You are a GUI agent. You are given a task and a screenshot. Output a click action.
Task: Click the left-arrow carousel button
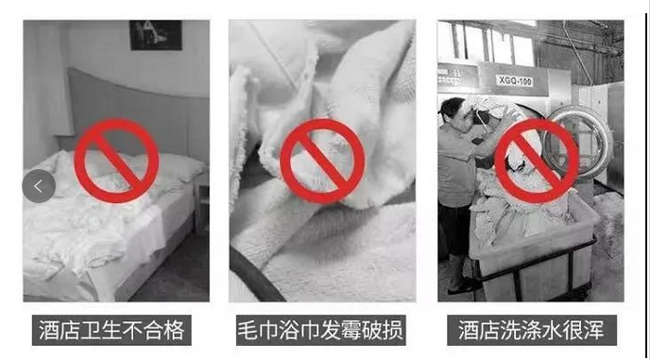(x=39, y=186)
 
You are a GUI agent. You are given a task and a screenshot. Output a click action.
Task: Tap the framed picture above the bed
(x=156, y=35)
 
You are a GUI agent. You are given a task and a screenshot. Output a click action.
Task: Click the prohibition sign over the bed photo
(x=116, y=161)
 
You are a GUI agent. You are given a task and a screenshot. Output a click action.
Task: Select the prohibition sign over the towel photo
(x=322, y=162)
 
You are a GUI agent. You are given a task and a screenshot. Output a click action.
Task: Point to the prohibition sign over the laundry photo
(x=537, y=161)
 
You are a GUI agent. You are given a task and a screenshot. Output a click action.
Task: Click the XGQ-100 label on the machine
(x=515, y=80)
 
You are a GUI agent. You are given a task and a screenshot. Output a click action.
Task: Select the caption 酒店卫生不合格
(x=111, y=330)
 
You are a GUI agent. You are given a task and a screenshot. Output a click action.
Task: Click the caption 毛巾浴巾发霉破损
(x=320, y=330)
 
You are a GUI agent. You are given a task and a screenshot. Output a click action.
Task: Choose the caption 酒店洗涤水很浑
(x=532, y=330)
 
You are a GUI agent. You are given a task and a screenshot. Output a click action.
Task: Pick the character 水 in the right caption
(x=552, y=330)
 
